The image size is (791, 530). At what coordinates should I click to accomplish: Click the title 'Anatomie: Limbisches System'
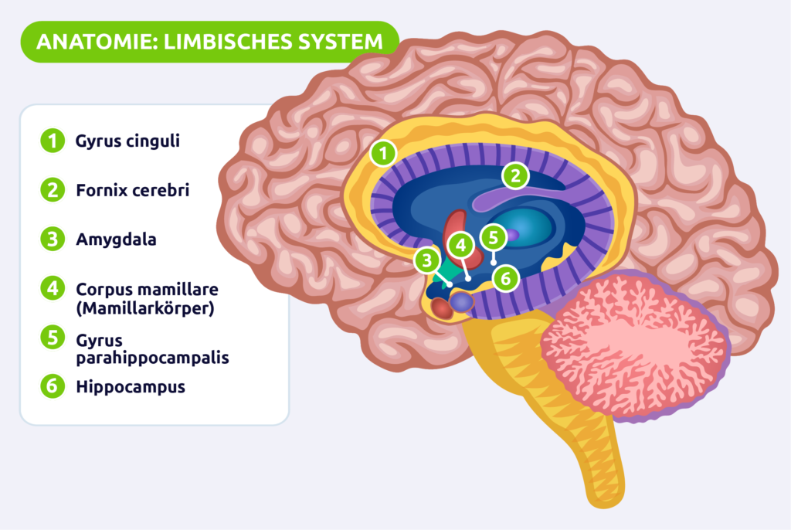tap(209, 42)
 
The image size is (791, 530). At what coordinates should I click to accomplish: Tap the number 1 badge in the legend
tap(52, 141)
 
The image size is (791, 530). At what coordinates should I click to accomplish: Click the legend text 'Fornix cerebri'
tap(132, 190)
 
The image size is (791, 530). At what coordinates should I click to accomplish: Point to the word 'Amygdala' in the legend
tap(116, 240)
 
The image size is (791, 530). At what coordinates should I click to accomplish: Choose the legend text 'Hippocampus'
tap(131, 387)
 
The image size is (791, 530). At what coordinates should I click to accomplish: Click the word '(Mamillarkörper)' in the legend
tap(144, 307)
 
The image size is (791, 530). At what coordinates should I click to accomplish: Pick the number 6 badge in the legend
tap(52, 387)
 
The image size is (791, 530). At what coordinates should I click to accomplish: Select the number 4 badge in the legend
tap(52, 289)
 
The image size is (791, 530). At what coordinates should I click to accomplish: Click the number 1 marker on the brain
tap(382, 153)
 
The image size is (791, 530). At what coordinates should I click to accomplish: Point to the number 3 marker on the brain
tap(426, 260)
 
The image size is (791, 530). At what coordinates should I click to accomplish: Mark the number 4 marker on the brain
tap(460, 246)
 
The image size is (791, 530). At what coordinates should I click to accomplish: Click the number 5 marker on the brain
tap(493, 236)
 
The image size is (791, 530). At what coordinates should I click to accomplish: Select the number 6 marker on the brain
tap(504, 278)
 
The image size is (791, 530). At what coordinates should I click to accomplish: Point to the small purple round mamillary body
tap(462, 302)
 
